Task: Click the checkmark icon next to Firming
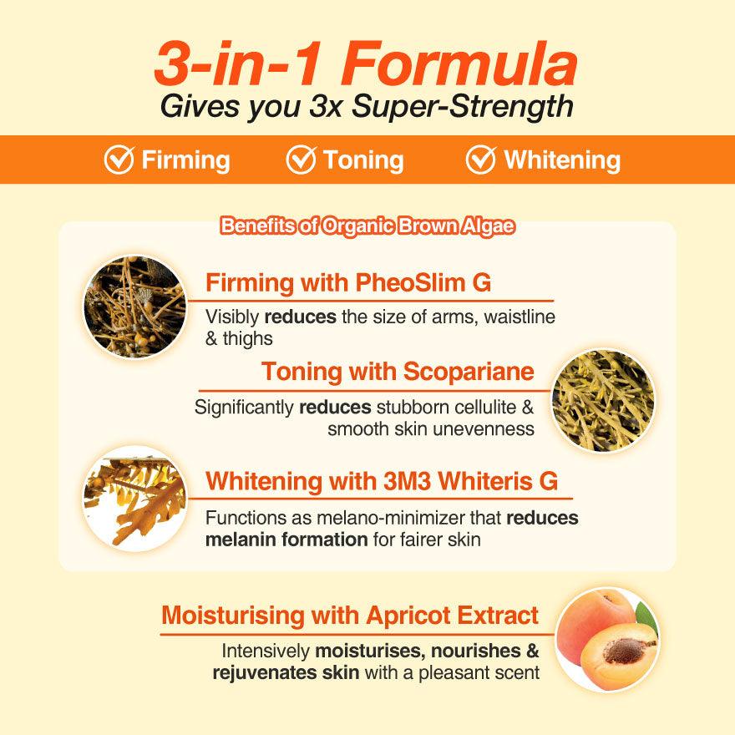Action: tap(119, 160)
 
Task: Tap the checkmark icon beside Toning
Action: tap(301, 160)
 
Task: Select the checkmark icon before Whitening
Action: tap(481, 160)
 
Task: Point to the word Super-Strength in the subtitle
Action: tap(463, 106)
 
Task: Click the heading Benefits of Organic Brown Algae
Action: tap(367, 226)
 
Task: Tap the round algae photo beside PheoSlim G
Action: tap(135, 307)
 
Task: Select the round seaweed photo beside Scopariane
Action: tap(603, 401)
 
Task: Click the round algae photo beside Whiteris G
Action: tap(135, 499)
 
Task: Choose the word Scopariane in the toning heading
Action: tap(469, 372)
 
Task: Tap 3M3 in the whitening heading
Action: tap(407, 481)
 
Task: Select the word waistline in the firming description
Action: tap(520, 317)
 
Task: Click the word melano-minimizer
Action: tap(391, 518)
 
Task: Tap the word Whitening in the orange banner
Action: tap(562, 160)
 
